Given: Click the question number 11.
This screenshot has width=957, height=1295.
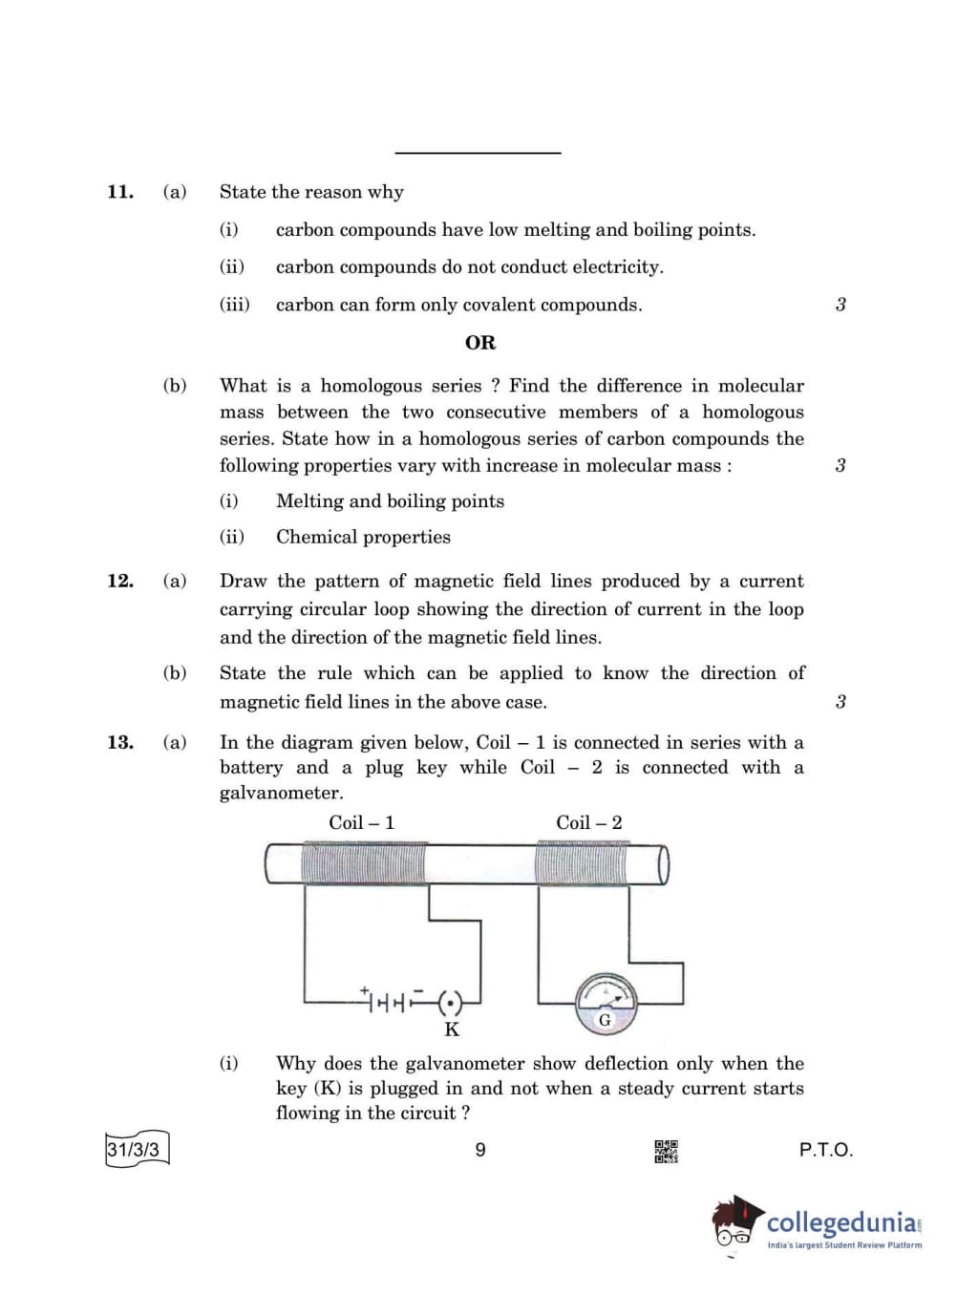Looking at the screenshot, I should point(119,192).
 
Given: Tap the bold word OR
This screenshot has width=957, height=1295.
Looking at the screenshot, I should point(480,343).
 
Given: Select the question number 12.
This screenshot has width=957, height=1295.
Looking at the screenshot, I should point(119,581).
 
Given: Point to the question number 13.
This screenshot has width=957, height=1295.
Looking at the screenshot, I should point(119,743).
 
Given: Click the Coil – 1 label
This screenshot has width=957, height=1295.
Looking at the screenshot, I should point(361,822).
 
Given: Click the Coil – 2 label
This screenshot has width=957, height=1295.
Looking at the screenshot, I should point(588,822).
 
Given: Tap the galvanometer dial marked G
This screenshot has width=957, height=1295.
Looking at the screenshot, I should point(605,1004).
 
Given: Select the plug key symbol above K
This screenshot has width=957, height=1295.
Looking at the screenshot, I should point(450,1002).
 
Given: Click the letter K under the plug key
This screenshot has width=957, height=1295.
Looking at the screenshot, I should point(452,1030).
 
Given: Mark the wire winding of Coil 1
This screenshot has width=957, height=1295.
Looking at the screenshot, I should point(363,864).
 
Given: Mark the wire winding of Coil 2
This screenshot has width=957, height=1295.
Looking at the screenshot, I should point(583,864).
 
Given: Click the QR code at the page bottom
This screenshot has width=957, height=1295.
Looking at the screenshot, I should point(666,1151).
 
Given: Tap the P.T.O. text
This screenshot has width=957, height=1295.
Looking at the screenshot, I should point(825,1150).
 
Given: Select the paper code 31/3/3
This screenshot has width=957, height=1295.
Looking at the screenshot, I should point(134,1149).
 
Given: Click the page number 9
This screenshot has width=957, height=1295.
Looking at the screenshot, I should point(480,1150).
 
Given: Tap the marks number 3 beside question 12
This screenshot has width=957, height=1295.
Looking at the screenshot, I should point(840,702).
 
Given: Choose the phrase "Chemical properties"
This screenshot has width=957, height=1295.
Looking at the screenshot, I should point(363,537).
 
